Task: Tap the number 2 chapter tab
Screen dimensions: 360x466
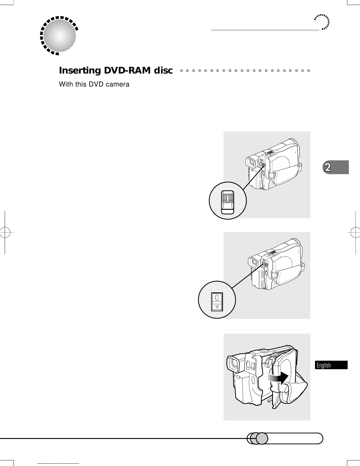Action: click(x=327, y=167)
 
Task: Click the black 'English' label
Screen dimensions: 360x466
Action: click(x=324, y=365)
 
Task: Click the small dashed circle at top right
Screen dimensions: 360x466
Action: click(x=322, y=22)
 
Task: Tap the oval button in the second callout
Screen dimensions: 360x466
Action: click(x=217, y=297)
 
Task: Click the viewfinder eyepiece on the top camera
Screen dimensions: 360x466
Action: click(x=250, y=162)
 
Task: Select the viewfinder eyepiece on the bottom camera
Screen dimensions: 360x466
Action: click(x=234, y=364)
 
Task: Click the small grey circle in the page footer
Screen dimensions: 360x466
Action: click(x=262, y=439)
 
